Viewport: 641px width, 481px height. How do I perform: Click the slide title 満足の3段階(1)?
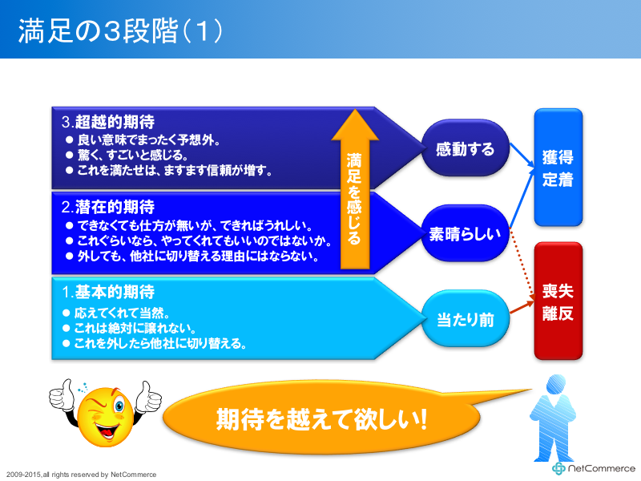(120, 31)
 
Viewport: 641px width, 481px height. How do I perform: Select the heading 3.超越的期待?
(108, 122)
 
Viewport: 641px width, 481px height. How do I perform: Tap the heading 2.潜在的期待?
(108, 207)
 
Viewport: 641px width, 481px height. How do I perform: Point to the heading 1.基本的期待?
(108, 292)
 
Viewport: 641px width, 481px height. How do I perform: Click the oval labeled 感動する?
(466, 148)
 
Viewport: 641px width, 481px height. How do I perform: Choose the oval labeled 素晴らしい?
(466, 233)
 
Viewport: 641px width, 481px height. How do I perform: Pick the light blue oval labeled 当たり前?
(466, 319)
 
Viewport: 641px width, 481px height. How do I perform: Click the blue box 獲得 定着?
(558, 168)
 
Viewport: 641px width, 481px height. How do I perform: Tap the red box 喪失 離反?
(558, 301)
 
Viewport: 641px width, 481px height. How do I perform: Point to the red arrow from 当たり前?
(522, 308)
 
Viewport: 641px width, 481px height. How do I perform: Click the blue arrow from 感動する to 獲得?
(522, 155)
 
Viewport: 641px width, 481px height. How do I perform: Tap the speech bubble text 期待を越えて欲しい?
(322, 418)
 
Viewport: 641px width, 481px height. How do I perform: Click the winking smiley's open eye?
(119, 406)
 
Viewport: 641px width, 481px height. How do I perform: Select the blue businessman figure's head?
(555, 386)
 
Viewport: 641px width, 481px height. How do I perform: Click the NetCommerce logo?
(594, 468)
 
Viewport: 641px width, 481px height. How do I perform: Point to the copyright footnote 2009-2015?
(82, 475)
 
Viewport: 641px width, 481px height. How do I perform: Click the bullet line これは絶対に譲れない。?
(130, 328)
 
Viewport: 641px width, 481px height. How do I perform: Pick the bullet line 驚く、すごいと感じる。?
(127, 155)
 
